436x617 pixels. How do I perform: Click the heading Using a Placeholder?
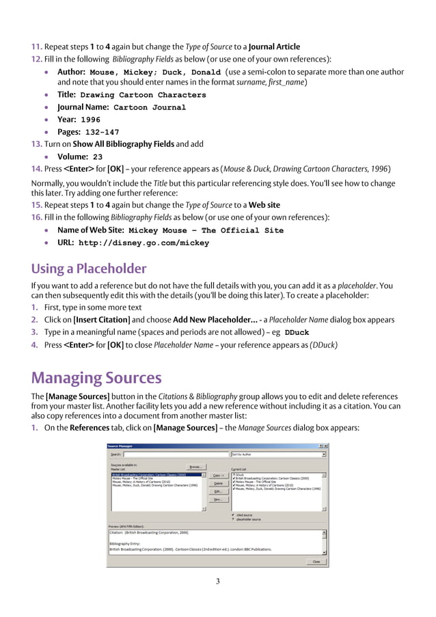pos(89,268)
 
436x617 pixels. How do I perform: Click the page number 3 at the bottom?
pos(218,581)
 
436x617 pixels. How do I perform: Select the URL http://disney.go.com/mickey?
pos(144,243)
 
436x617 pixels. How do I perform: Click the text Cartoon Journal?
pos(149,107)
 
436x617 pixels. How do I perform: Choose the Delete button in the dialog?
pos(218,483)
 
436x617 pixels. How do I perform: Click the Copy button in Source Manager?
pos(218,475)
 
